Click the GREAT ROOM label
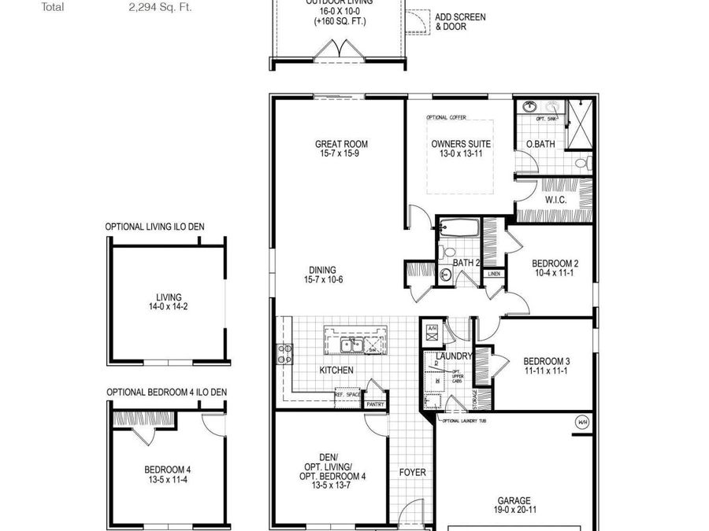[x=341, y=144]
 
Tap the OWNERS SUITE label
[x=461, y=144]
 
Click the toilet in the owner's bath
[x=583, y=164]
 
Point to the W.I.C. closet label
[x=556, y=200]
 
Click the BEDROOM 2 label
[x=555, y=264]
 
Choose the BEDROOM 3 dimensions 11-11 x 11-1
[x=547, y=371]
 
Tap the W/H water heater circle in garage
[x=583, y=422]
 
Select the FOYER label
[x=412, y=473]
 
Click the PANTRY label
[x=374, y=404]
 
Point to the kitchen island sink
[x=347, y=345]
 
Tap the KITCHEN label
[x=336, y=370]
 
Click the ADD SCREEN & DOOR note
[x=461, y=22]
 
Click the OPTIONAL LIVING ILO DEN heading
[x=154, y=227]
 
